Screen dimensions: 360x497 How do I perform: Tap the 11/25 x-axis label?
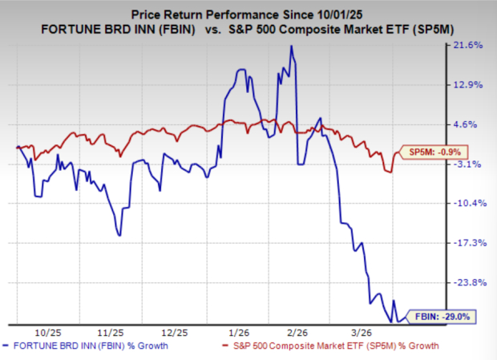pyautogui.click(x=111, y=331)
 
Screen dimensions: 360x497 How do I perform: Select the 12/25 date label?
pyautogui.click(x=174, y=331)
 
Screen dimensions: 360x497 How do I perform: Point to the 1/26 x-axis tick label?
pyautogui.click(x=238, y=331)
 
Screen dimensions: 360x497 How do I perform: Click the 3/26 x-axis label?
pyautogui.click(x=362, y=331)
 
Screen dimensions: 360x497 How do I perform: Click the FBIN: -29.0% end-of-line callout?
pyautogui.click(x=442, y=317)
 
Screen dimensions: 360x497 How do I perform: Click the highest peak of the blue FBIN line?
pyautogui.click(x=292, y=47)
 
